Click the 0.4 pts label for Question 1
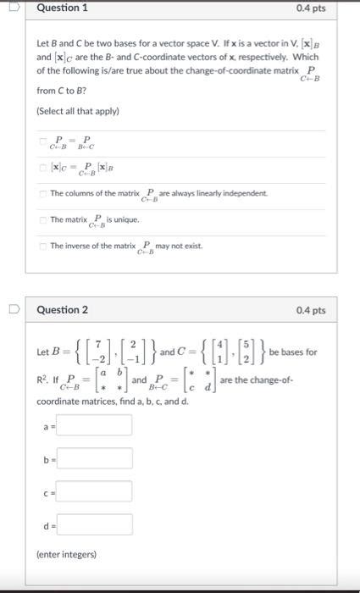311,8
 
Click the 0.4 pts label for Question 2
311,311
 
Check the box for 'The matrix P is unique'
42,220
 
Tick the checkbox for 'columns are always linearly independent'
42,194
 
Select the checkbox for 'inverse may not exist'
42,247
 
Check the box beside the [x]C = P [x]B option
42,168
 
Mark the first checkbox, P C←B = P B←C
42,141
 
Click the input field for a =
94,424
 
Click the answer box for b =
94,458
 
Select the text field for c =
94,491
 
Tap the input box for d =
94,524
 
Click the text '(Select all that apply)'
78,111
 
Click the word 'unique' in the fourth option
127,220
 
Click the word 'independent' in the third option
242,194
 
